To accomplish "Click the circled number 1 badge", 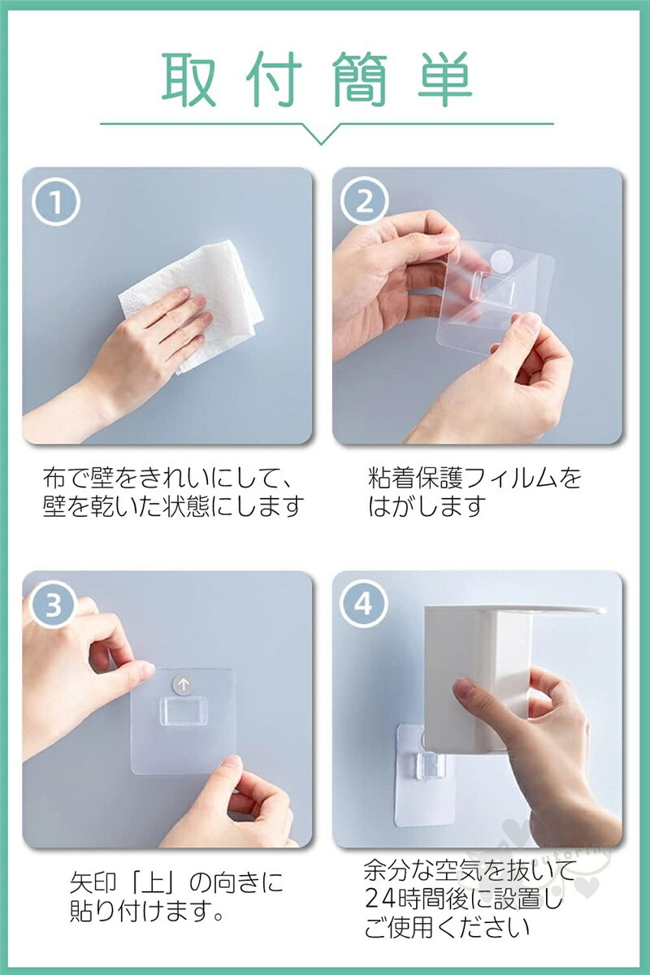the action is point(56,202).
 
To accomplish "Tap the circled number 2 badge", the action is point(364,201).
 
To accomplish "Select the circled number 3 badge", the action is point(54,604).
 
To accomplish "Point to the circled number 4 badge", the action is point(364,604).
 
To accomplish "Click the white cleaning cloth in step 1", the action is point(192,307).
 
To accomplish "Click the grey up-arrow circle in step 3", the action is point(184,684).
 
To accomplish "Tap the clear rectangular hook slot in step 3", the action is point(184,711).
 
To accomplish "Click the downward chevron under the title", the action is point(321,133).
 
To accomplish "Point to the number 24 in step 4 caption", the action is point(380,895).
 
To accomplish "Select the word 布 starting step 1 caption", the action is point(54,478).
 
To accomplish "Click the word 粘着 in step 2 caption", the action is point(392,478).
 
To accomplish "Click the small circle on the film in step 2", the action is point(503,261).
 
